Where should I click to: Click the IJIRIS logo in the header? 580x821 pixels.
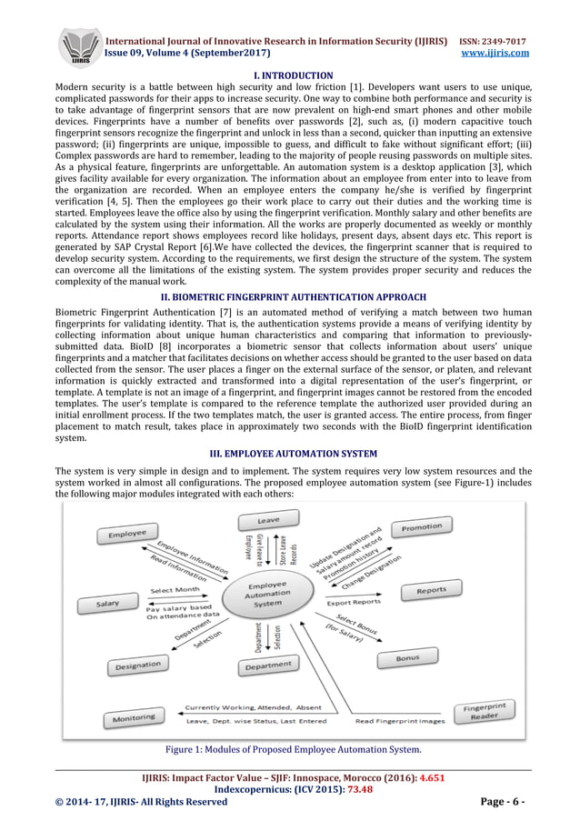[80, 45]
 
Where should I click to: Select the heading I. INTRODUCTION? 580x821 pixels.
[291, 75]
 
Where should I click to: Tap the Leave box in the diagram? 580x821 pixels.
[268, 521]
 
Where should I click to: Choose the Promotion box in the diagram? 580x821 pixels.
[422, 527]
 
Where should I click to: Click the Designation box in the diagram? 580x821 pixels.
[137, 666]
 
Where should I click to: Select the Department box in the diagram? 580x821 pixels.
[268, 666]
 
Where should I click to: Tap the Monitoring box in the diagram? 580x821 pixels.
[134, 718]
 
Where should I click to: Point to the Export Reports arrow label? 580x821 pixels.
[354, 602]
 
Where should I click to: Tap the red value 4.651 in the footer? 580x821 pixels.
[433, 780]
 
